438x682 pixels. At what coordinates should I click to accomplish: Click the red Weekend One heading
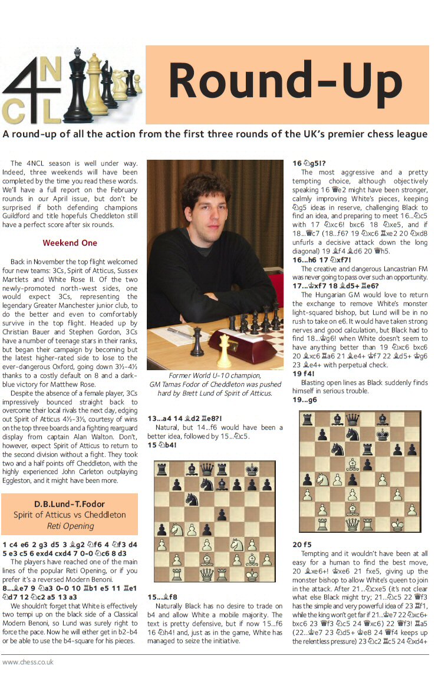[70, 243]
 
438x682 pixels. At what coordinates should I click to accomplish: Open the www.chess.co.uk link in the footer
[28, 662]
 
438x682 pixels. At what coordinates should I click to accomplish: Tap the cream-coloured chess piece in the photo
[223, 351]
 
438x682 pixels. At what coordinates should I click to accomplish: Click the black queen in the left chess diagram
[207, 469]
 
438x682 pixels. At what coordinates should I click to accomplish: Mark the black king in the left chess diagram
[252, 469]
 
